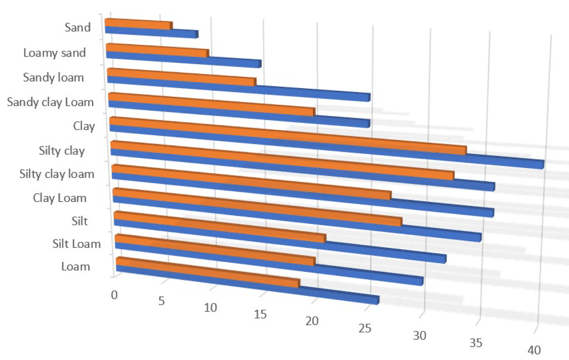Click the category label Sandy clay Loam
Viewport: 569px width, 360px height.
(x=51, y=103)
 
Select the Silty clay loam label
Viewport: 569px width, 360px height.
(x=57, y=174)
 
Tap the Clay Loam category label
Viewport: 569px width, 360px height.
(x=60, y=198)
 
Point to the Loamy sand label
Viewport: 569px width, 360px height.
(x=55, y=53)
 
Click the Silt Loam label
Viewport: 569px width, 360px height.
(x=76, y=243)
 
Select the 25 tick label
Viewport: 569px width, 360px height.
(x=365, y=328)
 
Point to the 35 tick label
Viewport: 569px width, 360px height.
(x=476, y=343)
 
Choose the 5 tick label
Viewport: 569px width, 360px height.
(x=161, y=301)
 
